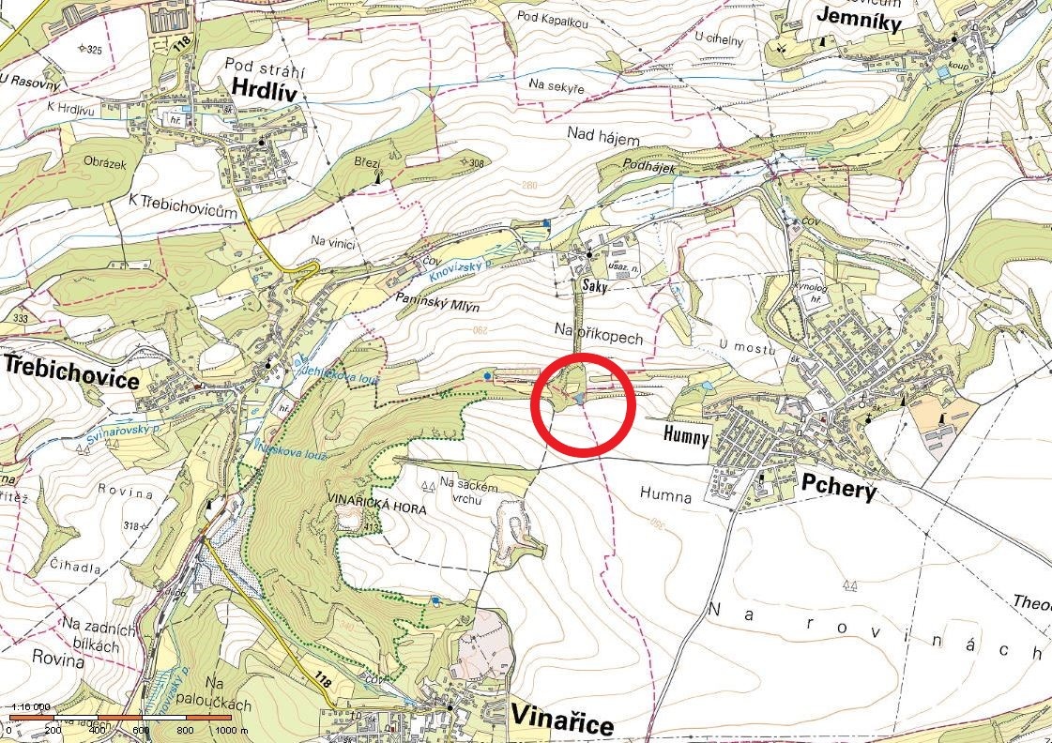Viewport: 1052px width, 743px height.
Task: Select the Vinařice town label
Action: point(562,720)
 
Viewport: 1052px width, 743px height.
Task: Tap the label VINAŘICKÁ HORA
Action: point(376,508)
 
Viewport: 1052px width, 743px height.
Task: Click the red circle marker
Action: point(584,405)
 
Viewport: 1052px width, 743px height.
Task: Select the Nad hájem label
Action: point(602,137)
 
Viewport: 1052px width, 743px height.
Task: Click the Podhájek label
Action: point(649,163)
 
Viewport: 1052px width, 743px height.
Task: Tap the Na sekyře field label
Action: point(556,86)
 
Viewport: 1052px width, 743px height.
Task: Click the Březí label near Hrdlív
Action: point(366,162)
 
